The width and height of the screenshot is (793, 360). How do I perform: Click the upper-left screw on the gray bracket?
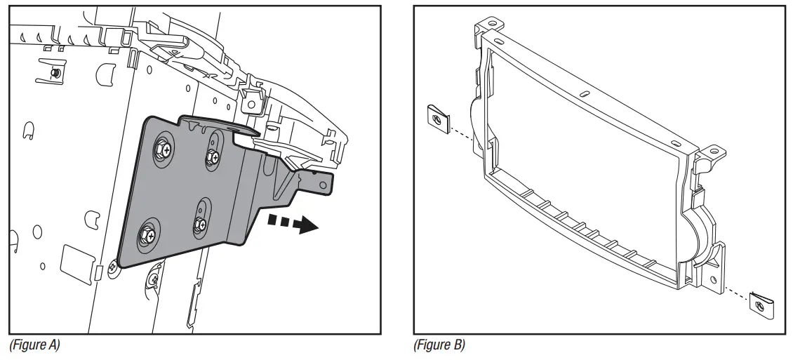(x=163, y=148)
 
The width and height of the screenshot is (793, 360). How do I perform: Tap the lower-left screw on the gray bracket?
(x=150, y=234)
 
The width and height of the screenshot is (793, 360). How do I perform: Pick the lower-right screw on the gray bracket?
(x=201, y=225)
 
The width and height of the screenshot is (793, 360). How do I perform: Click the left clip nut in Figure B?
(x=437, y=121)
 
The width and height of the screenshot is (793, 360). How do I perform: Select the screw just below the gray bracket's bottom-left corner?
(x=112, y=267)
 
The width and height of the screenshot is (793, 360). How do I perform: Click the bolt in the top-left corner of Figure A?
(x=55, y=73)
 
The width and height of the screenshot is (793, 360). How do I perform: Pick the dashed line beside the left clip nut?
(x=460, y=131)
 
